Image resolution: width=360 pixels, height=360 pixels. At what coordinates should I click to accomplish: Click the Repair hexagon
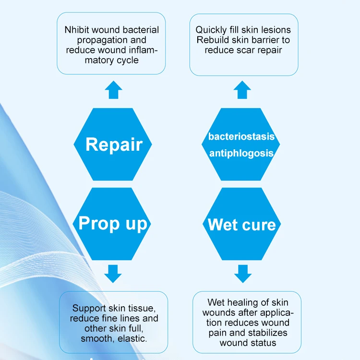click(113, 144)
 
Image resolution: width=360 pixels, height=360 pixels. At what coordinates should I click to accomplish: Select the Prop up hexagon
click(113, 223)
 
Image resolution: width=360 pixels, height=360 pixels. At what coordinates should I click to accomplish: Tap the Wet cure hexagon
click(241, 224)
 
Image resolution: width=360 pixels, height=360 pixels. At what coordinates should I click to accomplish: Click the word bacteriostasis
click(241, 137)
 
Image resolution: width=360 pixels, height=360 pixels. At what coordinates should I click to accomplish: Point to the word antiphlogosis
click(241, 154)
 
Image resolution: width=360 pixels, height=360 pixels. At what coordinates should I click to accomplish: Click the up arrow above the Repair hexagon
click(113, 90)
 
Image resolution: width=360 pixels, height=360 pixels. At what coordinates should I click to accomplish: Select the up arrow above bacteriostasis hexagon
click(242, 90)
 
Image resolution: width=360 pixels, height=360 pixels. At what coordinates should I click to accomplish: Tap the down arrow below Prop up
click(113, 273)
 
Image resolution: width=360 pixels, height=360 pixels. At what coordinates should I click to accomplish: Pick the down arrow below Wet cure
click(242, 273)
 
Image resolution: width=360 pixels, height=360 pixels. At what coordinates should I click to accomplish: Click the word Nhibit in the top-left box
click(76, 30)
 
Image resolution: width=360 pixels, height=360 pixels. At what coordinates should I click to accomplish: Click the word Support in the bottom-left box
click(88, 308)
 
